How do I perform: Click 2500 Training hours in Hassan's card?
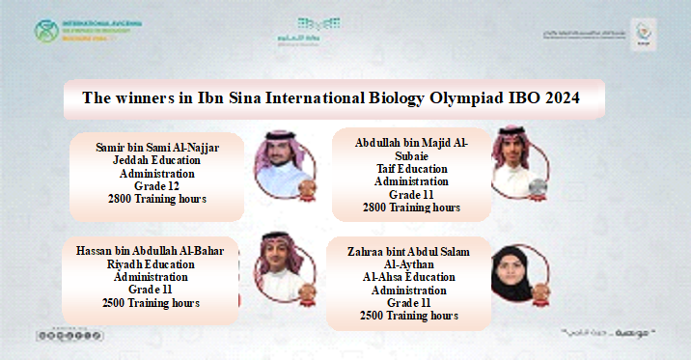click(x=151, y=303)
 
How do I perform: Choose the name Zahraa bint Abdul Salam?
click(x=409, y=252)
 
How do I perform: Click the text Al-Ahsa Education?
click(x=409, y=277)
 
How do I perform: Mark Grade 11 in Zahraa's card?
click(x=409, y=302)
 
